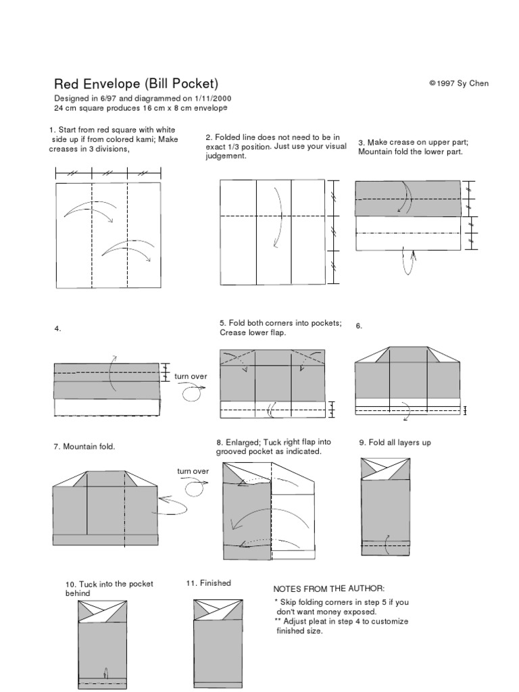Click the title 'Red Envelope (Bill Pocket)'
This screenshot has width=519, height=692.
[136, 84]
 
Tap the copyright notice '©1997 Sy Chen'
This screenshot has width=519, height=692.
[458, 84]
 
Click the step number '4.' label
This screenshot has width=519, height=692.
[58, 328]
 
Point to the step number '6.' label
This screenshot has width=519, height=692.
[360, 326]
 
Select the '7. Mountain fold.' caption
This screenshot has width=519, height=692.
[84, 447]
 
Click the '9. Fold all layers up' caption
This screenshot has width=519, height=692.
[395, 443]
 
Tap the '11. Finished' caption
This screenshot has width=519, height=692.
[209, 583]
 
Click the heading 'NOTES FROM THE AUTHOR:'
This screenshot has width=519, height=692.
[328, 589]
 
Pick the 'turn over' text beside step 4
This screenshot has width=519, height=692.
[191, 376]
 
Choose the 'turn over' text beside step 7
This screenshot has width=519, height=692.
[193, 471]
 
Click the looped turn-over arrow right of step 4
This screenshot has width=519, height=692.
[192, 391]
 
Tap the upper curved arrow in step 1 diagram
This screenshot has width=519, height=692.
[89, 210]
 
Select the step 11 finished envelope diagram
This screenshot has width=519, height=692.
[218, 643]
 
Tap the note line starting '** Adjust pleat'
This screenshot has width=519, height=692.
[341, 621]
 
